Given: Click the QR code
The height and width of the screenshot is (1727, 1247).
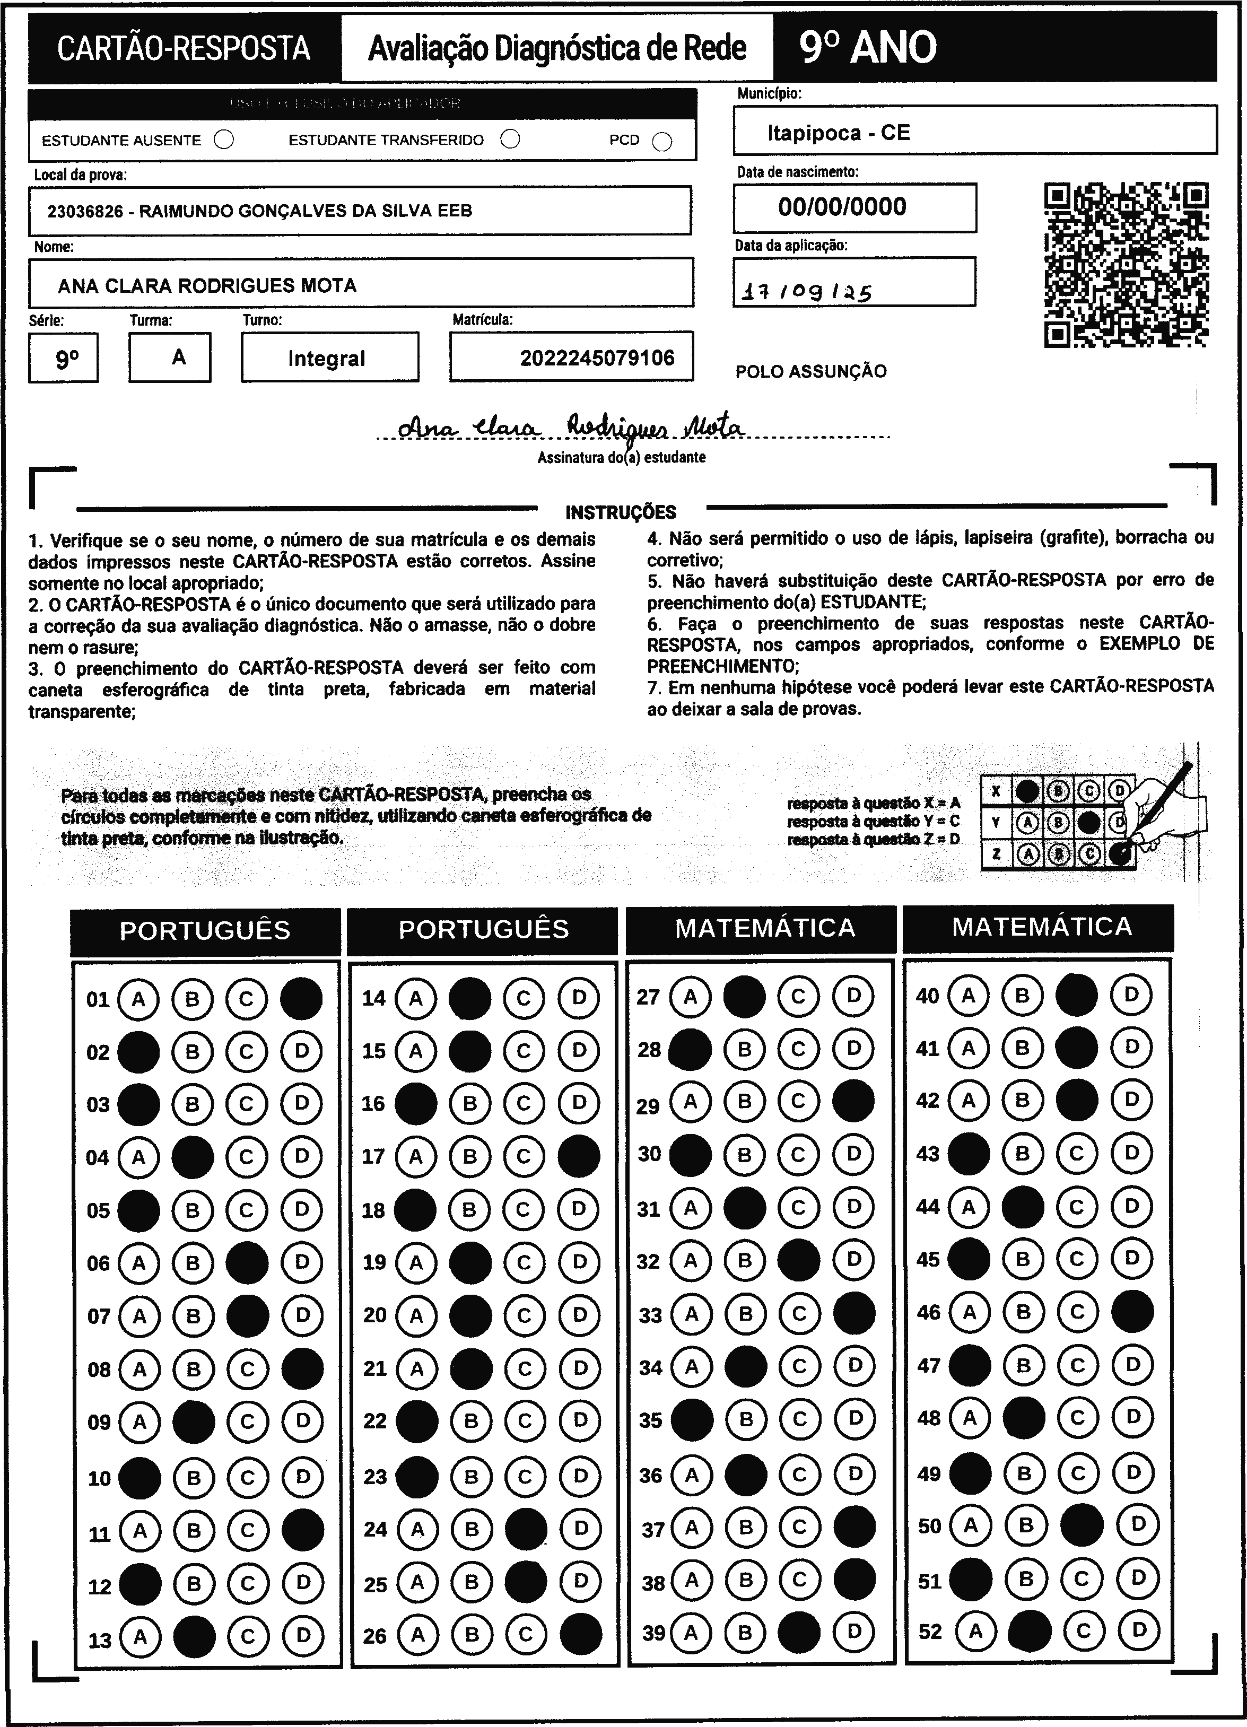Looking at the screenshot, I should point(1126,264).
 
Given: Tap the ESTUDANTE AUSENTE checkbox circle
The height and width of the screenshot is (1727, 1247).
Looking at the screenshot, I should point(224,140).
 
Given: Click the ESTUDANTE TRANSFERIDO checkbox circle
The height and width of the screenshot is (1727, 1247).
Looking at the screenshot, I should point(511,139).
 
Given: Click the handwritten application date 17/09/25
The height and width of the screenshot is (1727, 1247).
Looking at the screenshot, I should point(806,291).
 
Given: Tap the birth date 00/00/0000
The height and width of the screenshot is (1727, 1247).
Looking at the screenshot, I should point(842,207).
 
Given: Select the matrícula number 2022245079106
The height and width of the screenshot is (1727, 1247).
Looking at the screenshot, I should point(597,358).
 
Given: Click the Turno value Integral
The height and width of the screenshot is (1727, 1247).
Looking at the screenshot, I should point(327,359).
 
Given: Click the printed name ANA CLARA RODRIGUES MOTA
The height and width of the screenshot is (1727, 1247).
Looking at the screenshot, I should point(207,285).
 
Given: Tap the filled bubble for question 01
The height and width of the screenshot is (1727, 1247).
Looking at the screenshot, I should point(301,998).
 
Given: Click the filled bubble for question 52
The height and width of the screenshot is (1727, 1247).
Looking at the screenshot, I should point(1030,1631).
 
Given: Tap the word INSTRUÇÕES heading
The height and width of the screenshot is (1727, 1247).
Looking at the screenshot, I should point(621,512).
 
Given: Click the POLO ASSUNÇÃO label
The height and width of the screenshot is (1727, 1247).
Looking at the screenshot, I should point(811,372).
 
